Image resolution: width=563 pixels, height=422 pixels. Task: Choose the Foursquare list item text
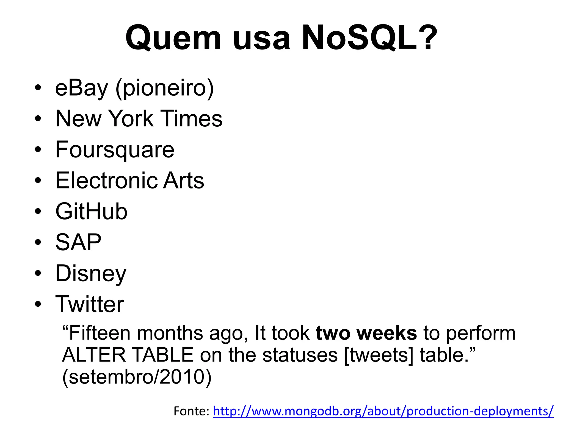click(115, 150)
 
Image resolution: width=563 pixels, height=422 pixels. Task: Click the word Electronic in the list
click(106, 181)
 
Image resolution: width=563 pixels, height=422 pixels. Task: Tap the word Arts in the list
click(184, 181)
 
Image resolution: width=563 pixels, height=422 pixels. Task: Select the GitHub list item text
click(91, 212)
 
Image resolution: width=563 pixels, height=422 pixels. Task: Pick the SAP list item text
click(78, 242)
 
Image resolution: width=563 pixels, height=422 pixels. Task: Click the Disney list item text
click(91, 274)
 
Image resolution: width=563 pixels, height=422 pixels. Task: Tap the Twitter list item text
click(90, 304)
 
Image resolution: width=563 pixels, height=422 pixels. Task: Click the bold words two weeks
click(366, 333)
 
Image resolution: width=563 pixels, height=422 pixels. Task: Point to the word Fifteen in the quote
click(99, 333)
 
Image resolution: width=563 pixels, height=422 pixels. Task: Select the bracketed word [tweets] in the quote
click(379, 355)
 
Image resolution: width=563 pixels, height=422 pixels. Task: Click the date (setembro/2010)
click(137, 377)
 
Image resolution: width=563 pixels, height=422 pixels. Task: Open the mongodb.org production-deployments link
click(383, 411)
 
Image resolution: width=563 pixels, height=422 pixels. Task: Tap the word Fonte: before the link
click(192, 411)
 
